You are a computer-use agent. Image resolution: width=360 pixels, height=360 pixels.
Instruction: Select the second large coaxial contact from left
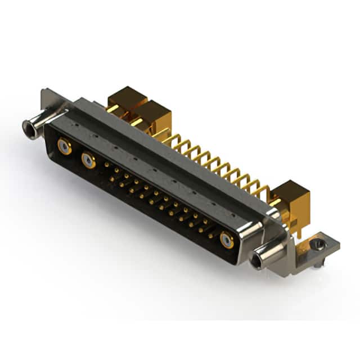coord(88,161)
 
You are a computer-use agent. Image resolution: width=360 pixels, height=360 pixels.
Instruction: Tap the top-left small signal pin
coord(107,165)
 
